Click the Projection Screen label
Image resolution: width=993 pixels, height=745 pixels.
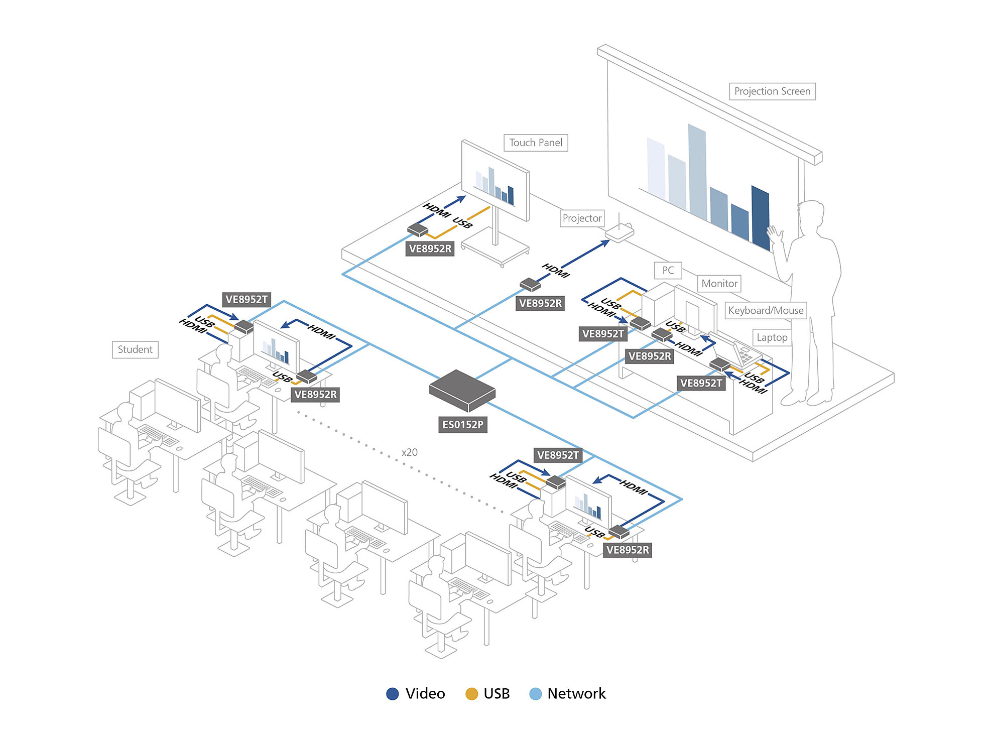coord(772,91)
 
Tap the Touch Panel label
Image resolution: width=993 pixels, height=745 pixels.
coord(536,143)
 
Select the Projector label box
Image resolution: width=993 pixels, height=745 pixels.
coord(582,218)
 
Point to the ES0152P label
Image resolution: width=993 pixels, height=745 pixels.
coord(462,425)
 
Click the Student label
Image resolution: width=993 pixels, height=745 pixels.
coord(135,349)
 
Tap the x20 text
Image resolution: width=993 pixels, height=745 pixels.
coord(410,452)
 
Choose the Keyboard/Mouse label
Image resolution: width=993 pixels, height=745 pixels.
coord(766,310)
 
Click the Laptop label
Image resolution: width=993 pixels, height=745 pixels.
coord(772,337)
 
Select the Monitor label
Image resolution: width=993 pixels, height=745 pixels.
coord(719,284)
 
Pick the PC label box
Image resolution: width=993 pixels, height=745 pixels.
coord(668,270)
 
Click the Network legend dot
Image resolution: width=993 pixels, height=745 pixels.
coord(536,694)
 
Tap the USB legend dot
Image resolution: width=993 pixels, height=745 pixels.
coord(471,694)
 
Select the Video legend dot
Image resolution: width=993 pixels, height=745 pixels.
coord(393,694)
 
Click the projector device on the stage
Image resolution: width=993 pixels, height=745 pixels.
coord(619,232)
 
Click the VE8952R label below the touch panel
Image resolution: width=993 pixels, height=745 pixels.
coord(430,249)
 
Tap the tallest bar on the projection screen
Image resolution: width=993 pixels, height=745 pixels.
coord(697,171)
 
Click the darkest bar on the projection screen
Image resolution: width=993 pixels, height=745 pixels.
coord(761,217)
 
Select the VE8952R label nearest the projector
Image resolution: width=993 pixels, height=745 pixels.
coord(540,303)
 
